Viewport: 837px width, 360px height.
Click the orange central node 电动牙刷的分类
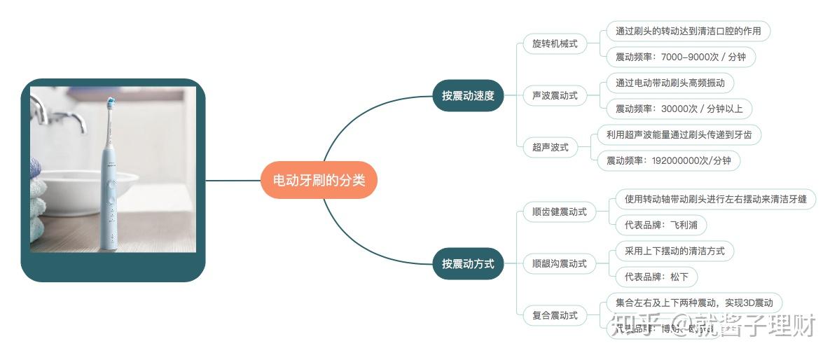(319, 180)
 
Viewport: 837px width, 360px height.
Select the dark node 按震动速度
(468, 96)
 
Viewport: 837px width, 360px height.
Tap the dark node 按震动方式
(468, 264)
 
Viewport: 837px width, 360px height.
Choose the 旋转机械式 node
(555, 43)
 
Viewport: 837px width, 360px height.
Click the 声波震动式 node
(555, 95)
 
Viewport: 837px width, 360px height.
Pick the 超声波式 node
(551, 147)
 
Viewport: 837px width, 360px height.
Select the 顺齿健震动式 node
(559, 212)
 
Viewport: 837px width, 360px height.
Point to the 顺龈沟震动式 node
(559, 264)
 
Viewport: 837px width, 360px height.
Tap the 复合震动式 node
(555, 315)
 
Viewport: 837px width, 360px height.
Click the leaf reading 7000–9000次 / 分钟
(680, 57)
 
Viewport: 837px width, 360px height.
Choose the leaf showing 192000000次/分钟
(667, 160)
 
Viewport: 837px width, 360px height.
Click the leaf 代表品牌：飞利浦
(660, 225)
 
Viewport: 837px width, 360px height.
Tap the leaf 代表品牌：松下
(656, 277)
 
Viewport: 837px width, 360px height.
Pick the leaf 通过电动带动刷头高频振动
(670, 83)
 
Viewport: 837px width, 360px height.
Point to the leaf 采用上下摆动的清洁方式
(675, 251)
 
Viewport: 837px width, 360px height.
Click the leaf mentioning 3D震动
(693, 303)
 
